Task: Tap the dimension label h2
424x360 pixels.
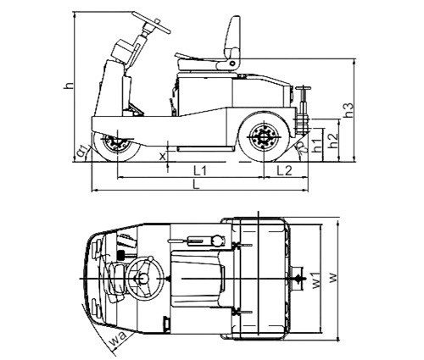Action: pos(332,141)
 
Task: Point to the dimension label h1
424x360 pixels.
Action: pos(317,146)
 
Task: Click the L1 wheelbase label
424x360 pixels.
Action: pos(200,170)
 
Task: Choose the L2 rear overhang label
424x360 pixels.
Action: pos(284,170)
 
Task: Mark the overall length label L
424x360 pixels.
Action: pos(196,185)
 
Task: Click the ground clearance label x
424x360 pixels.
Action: pos(162,156)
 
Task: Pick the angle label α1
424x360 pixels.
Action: pos(82,151)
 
